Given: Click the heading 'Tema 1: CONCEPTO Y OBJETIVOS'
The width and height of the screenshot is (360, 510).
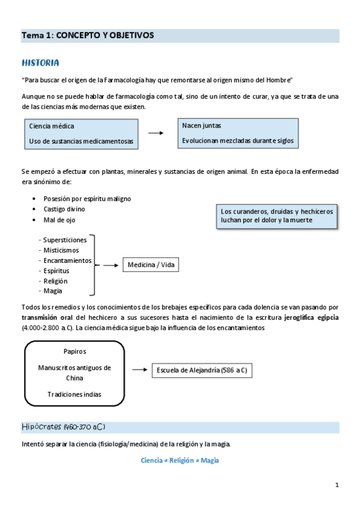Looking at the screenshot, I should [88, 35].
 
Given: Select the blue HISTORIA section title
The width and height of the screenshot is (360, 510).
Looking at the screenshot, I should [40, 63].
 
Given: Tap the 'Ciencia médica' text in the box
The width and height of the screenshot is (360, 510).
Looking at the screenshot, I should [52, 126].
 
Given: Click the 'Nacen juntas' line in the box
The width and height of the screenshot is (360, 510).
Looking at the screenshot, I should [201, 126].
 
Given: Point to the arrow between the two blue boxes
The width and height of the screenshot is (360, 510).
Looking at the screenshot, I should [156, 134].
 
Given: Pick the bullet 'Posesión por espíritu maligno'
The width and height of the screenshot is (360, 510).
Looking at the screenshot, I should [87, 198].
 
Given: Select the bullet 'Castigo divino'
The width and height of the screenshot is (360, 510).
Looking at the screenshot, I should [64, 209].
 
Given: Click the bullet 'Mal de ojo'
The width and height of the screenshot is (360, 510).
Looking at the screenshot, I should [59, 220].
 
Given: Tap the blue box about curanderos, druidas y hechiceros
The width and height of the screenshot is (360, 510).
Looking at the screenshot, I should [276, 216].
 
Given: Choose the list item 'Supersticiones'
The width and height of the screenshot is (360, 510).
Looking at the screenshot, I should [64, 240].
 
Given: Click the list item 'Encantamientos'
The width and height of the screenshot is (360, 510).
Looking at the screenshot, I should [67, 260].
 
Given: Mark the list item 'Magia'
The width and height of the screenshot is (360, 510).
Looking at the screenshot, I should [53, 291].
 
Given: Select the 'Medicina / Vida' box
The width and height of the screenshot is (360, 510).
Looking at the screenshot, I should [151, 265].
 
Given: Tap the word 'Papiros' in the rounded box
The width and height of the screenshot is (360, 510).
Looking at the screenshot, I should [75, 351].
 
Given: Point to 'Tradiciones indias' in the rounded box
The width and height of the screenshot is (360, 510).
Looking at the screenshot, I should [75, 395].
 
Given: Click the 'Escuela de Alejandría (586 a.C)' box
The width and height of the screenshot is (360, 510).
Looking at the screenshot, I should [201, 370].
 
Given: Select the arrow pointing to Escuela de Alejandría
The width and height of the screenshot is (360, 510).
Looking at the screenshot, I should [139, 370].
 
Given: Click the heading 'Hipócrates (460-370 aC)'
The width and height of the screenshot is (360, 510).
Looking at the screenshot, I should [63, 427].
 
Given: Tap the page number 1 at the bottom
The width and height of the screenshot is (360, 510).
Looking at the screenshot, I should [337, 485].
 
